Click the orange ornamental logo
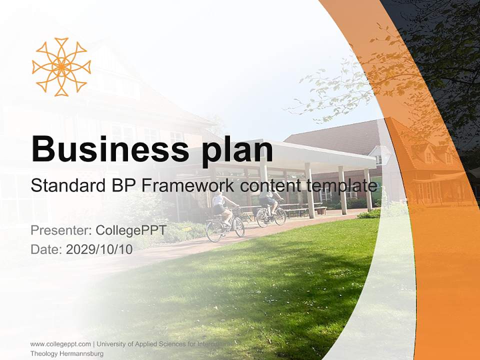(x=61, y=66)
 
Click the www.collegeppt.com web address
(x=60, y=344)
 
